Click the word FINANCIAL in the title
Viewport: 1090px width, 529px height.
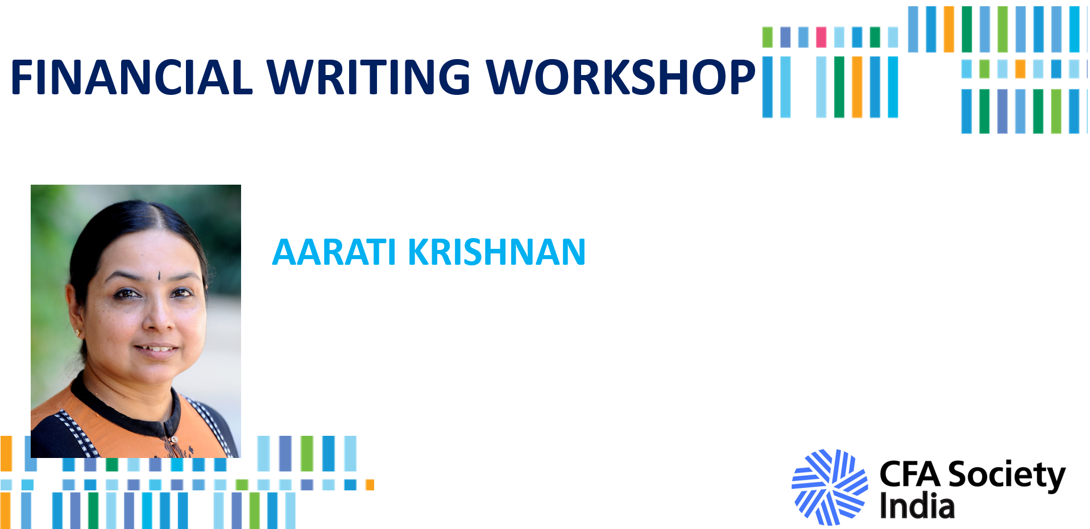tap(131, 77)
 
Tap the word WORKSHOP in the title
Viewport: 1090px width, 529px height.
tap(621, 77)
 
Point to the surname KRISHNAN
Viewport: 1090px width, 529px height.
tap(497, 252)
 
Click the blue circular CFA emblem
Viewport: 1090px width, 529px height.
tap(830, 487)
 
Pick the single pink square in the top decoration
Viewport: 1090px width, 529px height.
tap(821, 37)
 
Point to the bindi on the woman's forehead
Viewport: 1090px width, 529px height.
tap(159, 276)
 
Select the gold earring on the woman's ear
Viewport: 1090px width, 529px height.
tap(78, 333)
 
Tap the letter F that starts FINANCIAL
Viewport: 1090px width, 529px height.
tap(22, 77)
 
